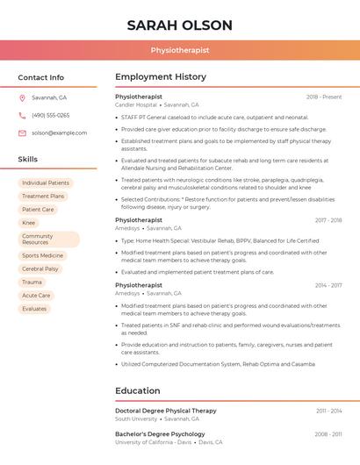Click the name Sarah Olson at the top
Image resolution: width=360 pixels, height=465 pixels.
[x=179, y=25]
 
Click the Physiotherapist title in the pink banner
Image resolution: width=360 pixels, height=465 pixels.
[x=179, y=50]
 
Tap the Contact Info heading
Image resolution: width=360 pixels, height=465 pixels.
[x=41, y=77]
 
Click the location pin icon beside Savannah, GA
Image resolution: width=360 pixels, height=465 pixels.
[x=22, y=97]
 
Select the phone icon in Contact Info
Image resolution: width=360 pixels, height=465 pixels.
[x=22, y=115]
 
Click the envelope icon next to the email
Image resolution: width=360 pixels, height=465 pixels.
[x=22, y=132]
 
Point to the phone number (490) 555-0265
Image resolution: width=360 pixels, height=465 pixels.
[x=50, y=115]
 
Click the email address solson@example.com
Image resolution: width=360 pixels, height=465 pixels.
[x=59, y=132]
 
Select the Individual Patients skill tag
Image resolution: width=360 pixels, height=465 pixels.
[x=46, y=182]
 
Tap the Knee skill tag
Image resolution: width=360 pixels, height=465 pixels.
[x=29, y=223]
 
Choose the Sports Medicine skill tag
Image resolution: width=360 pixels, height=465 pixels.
[x=42, y=255]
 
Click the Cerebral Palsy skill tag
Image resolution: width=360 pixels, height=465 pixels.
[x=40, y=268]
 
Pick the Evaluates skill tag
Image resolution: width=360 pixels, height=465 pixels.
[x=34, y=308]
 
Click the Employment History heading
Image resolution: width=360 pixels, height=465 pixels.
[x=160, y=77]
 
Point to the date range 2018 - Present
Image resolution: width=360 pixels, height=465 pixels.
[x=324, y=97]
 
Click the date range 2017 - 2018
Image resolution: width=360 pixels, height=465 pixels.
[x=328, y=220]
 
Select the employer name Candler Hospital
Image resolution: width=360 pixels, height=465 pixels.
[x=136, y=104]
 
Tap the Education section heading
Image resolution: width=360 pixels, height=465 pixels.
[x=138, y=390]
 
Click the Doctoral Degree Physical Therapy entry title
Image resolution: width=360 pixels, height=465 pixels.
[x=165, y=411]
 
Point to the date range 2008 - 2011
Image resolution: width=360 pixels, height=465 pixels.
[x=328, y=434]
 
